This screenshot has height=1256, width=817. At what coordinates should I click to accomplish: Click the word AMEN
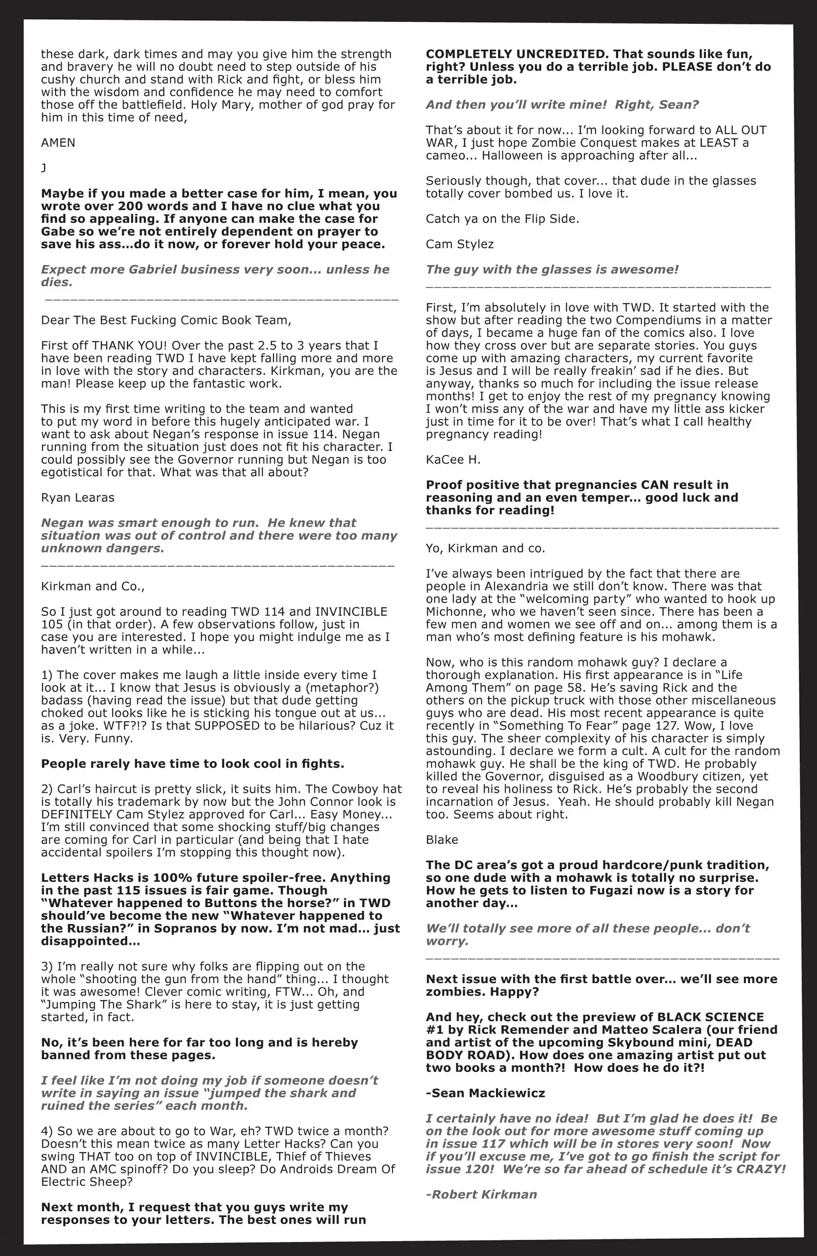click(x=58, y=143)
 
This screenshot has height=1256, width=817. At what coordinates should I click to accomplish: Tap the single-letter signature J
click(x=44, y=168)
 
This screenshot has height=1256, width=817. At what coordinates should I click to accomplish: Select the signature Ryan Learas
click(x=77, y=498)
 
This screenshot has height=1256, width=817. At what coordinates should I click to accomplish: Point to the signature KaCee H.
click(x=453, y=460)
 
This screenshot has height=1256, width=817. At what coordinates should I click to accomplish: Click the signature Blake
click(x=442, y=840)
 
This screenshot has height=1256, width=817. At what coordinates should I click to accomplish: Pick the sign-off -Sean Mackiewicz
click(x=485, y=1093)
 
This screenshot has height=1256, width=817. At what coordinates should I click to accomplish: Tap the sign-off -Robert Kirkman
click(x=481, y=1194)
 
